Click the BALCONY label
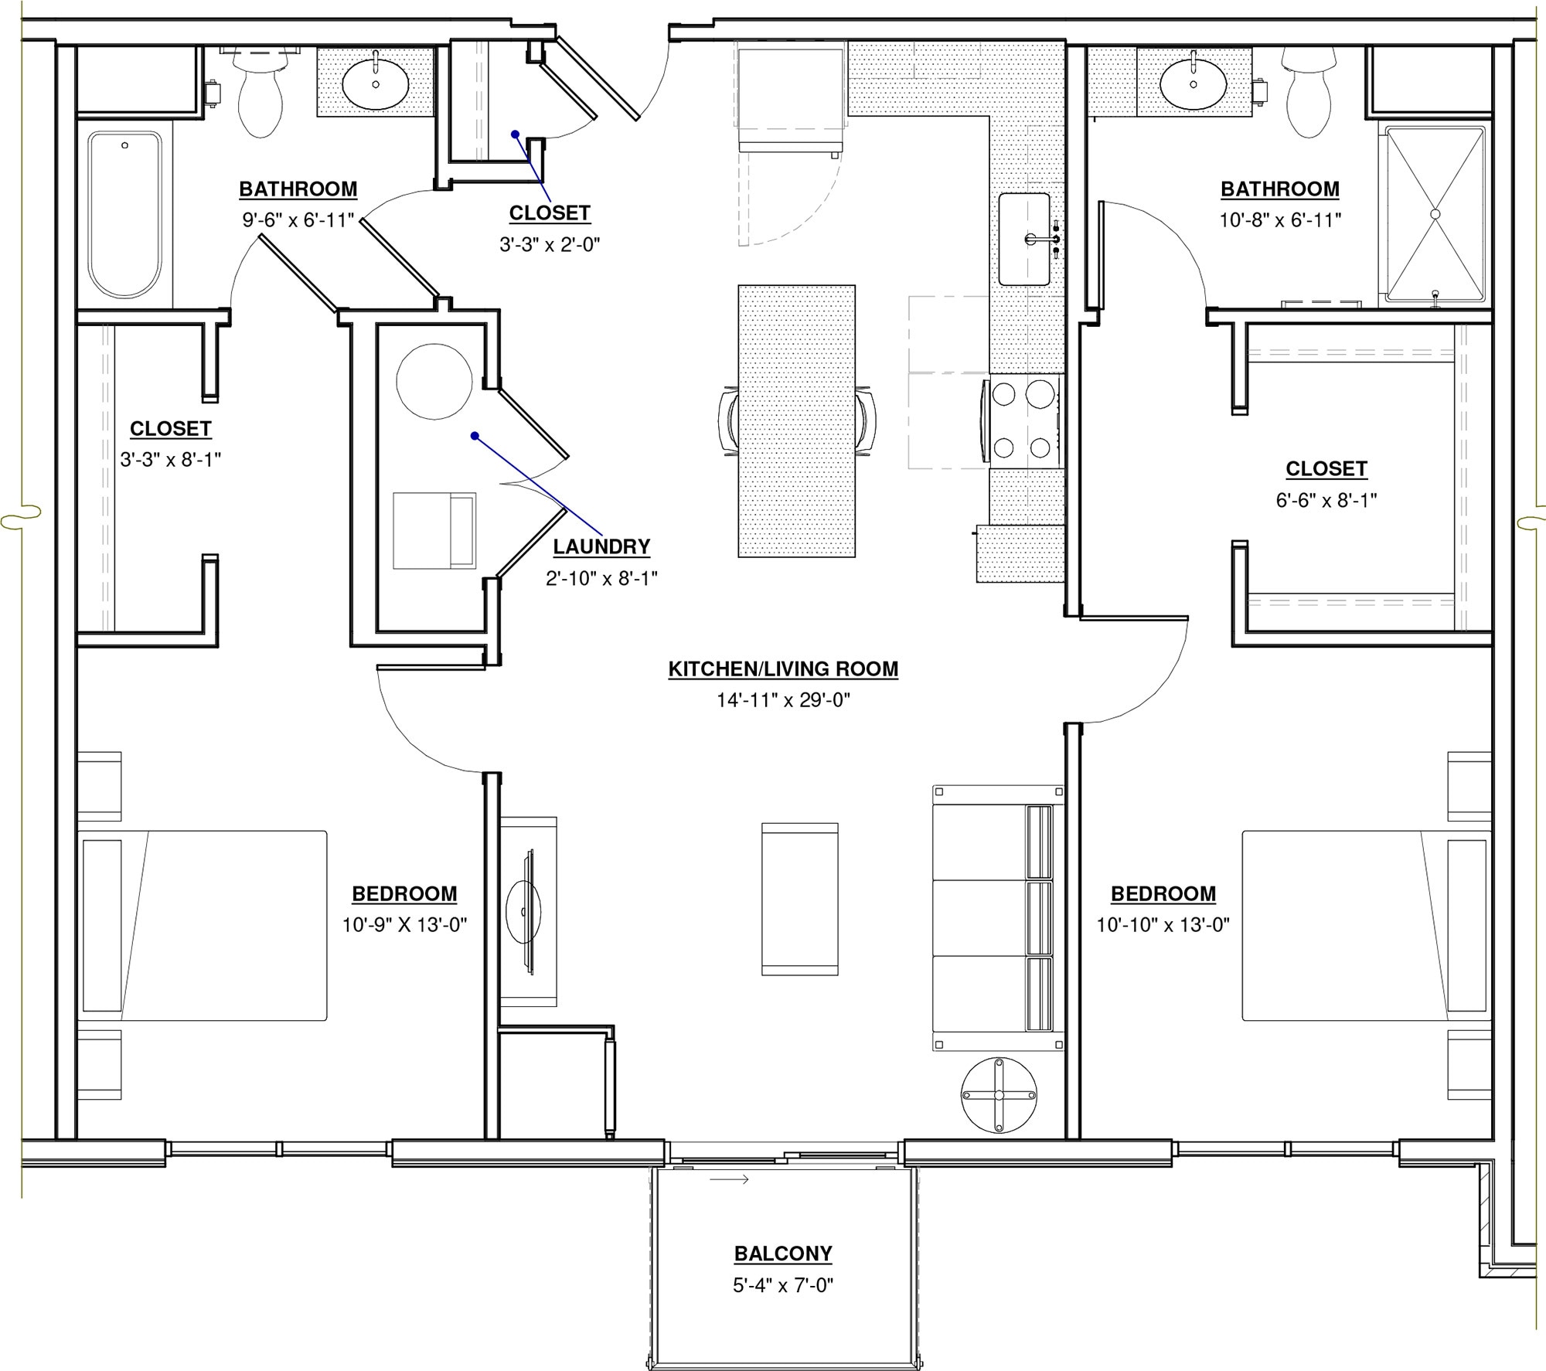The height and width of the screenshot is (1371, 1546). [x=782, y=1253]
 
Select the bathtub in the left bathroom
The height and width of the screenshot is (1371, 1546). [x=124, y=214]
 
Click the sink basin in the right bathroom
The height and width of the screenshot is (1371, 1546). [x=1193, y=83]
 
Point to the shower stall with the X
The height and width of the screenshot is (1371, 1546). [x=1435, y=214]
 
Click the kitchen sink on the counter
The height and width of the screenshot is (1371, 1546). [x=1023, y=240]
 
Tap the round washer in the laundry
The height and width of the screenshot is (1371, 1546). [x=434, y=382]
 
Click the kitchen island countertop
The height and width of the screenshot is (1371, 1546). [x=796, y=420]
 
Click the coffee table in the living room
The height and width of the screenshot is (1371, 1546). [x=799, y=899]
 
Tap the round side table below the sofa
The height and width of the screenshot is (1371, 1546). [x=998, y=1095]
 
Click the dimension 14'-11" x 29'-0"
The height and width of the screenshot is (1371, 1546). [x=782, y=700]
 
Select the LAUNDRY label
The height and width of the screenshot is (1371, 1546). [x=601, y=546]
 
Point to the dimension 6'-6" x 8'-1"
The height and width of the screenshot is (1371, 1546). [x=1326, y=500]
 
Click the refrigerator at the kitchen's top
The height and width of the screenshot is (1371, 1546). [x=790, y=99]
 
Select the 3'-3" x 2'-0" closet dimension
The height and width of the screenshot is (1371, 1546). [x=550, y=245]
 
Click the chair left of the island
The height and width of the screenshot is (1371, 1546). [x=727, y=422]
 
